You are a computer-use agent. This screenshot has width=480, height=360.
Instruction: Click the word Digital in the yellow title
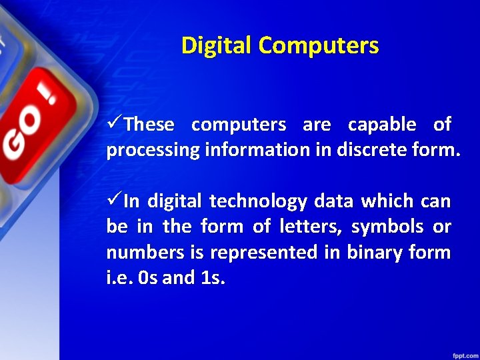(217, 45)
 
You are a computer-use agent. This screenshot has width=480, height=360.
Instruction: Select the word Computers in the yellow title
(319, 45)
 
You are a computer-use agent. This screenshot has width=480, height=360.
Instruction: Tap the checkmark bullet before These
(114, 124)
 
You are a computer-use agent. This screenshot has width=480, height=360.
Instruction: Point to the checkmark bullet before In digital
(114, 201)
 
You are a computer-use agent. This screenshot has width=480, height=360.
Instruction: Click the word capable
(382, 125)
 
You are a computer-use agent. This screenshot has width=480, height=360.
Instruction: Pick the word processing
(153, 151)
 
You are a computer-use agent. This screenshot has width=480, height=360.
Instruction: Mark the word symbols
(387, 227)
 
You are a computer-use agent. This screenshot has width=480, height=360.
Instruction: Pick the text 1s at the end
(212, 277)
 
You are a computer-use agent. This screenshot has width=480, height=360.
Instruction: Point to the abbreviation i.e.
(117, 277)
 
